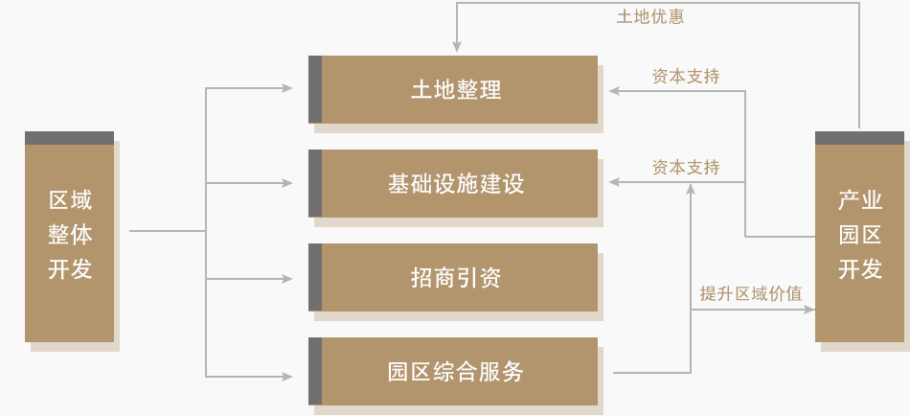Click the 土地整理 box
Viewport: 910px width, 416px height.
(x=456, y=90)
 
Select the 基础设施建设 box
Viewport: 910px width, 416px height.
(x=456, y=183)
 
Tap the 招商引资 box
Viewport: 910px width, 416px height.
(x=456, y=278)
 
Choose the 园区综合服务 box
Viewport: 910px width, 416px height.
(x=456, y=372)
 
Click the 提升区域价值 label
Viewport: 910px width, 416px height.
(x=750, y=294)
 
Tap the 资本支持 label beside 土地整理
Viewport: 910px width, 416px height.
(x=686, y=77)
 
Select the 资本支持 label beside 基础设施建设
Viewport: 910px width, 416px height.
(x=686, y=167)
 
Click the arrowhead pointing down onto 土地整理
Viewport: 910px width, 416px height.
(x=457, y=46)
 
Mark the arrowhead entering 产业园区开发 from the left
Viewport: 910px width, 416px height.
(x=809, y=310)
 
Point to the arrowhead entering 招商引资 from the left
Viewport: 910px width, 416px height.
(x=287, y=279)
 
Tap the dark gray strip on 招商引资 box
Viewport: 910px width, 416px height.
(x=315, y=278)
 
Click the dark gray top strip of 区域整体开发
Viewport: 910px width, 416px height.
(x=70, y=138)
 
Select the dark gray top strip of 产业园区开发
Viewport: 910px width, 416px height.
(x=859, y=138)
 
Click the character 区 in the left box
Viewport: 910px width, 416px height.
(x=58, y=200)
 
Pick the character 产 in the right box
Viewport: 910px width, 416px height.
(x=848, y=200)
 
